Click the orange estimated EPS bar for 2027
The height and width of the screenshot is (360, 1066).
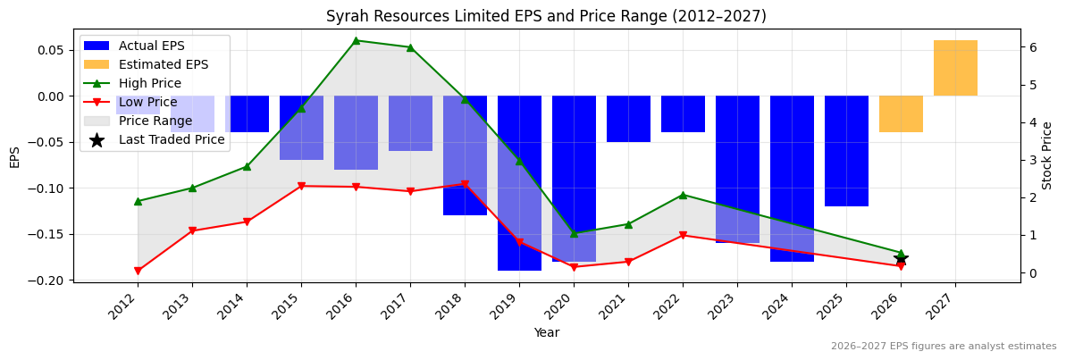[x=955, y=68]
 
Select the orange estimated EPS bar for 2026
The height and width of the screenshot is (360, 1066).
[x=901, y=114]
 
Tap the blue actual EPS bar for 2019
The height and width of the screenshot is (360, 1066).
[x=519, y=182]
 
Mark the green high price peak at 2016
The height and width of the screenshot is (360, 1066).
[x=356, y=40]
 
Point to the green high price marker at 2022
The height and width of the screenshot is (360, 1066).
[x=683, y=195]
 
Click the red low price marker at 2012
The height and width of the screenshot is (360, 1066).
[x=138, y=271]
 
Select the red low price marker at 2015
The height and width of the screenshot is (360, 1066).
[x=301, y=186]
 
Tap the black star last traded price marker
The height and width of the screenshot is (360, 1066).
[x=901, y=258]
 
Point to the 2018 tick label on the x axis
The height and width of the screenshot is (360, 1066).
[x=460, y=307]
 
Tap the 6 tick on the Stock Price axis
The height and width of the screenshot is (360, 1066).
[x=1031, y=47]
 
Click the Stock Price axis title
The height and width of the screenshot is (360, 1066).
[x=1047, y=155]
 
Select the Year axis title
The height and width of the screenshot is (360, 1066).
[x=546, y=333]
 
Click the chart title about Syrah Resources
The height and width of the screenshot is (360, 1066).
[x=546, y=16]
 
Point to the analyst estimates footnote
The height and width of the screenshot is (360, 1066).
[x=943, y=347]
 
